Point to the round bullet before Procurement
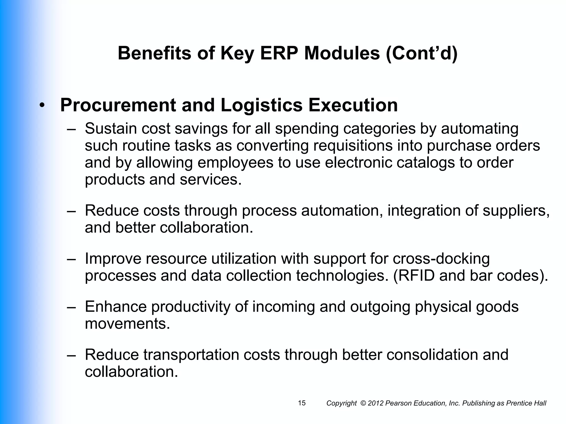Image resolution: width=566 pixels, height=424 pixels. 42,106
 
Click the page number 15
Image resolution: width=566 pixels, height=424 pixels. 302,403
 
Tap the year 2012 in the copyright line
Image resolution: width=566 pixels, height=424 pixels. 376,403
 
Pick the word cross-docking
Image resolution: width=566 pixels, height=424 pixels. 441,259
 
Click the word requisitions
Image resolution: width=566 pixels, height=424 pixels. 353,145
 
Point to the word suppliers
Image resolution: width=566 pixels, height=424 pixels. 516,211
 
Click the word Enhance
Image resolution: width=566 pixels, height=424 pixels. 116,307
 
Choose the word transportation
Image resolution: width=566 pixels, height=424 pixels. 191,355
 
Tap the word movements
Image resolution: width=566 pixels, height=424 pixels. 127,324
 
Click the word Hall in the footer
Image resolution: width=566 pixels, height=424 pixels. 540,403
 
